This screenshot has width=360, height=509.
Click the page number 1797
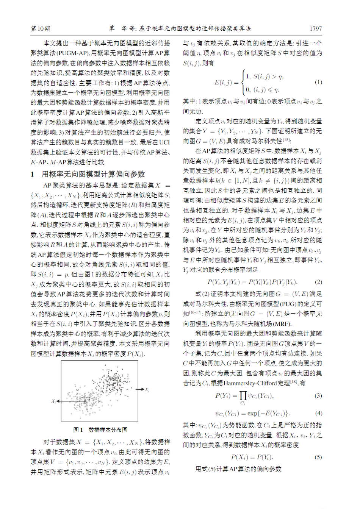click(x=315, y=28)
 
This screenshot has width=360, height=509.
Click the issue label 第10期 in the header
click(x=40, y=28)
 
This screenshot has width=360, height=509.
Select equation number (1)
click(x=318, y=82)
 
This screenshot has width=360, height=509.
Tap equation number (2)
click(x=318, y=282)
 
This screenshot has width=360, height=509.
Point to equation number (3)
click(x=318, y=395)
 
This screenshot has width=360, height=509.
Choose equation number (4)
click(x=318, y=413)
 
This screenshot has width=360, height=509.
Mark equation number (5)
click(x=318, y=457)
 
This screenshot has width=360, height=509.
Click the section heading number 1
click(x=33, y=174)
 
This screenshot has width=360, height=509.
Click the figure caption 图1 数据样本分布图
click(x=100, y=429)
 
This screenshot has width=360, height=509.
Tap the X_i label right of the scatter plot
click(x=147, y=390)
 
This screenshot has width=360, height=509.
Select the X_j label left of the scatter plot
click(x=53, y=401)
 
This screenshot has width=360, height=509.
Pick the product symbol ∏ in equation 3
click(x=243, y=395)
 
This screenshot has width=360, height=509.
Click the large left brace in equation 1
click(x=243, y=82)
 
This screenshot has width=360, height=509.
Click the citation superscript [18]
click(x=294, y=382)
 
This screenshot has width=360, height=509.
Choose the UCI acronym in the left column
click(x=164, y=142)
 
